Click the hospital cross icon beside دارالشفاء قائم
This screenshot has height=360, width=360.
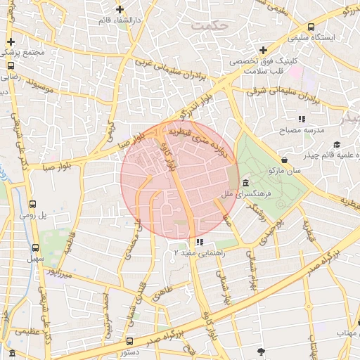pos(120,10)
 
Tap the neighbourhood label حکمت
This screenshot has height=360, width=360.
pos(210,25)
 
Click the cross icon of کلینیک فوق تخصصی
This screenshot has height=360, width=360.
pos(263,50)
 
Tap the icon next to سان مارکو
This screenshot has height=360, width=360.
pos(283,160)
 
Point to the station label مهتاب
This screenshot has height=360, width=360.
pos(346,331)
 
